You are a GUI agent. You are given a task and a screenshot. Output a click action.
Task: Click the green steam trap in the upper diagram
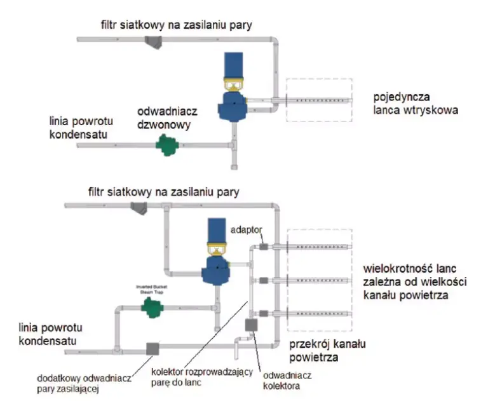(168, 146)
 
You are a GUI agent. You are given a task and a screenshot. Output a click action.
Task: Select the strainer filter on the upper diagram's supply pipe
(152, 42)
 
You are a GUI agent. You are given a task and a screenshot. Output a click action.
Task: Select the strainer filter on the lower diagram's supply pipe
(137, 206)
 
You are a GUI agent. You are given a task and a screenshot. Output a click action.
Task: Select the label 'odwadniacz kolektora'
(281, 379)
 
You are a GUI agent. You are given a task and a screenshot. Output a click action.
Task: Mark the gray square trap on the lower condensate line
(152, 348)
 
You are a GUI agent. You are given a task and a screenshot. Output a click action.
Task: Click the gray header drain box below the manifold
(251, 325)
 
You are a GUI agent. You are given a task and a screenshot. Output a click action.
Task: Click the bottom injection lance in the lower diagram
(318, 313)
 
